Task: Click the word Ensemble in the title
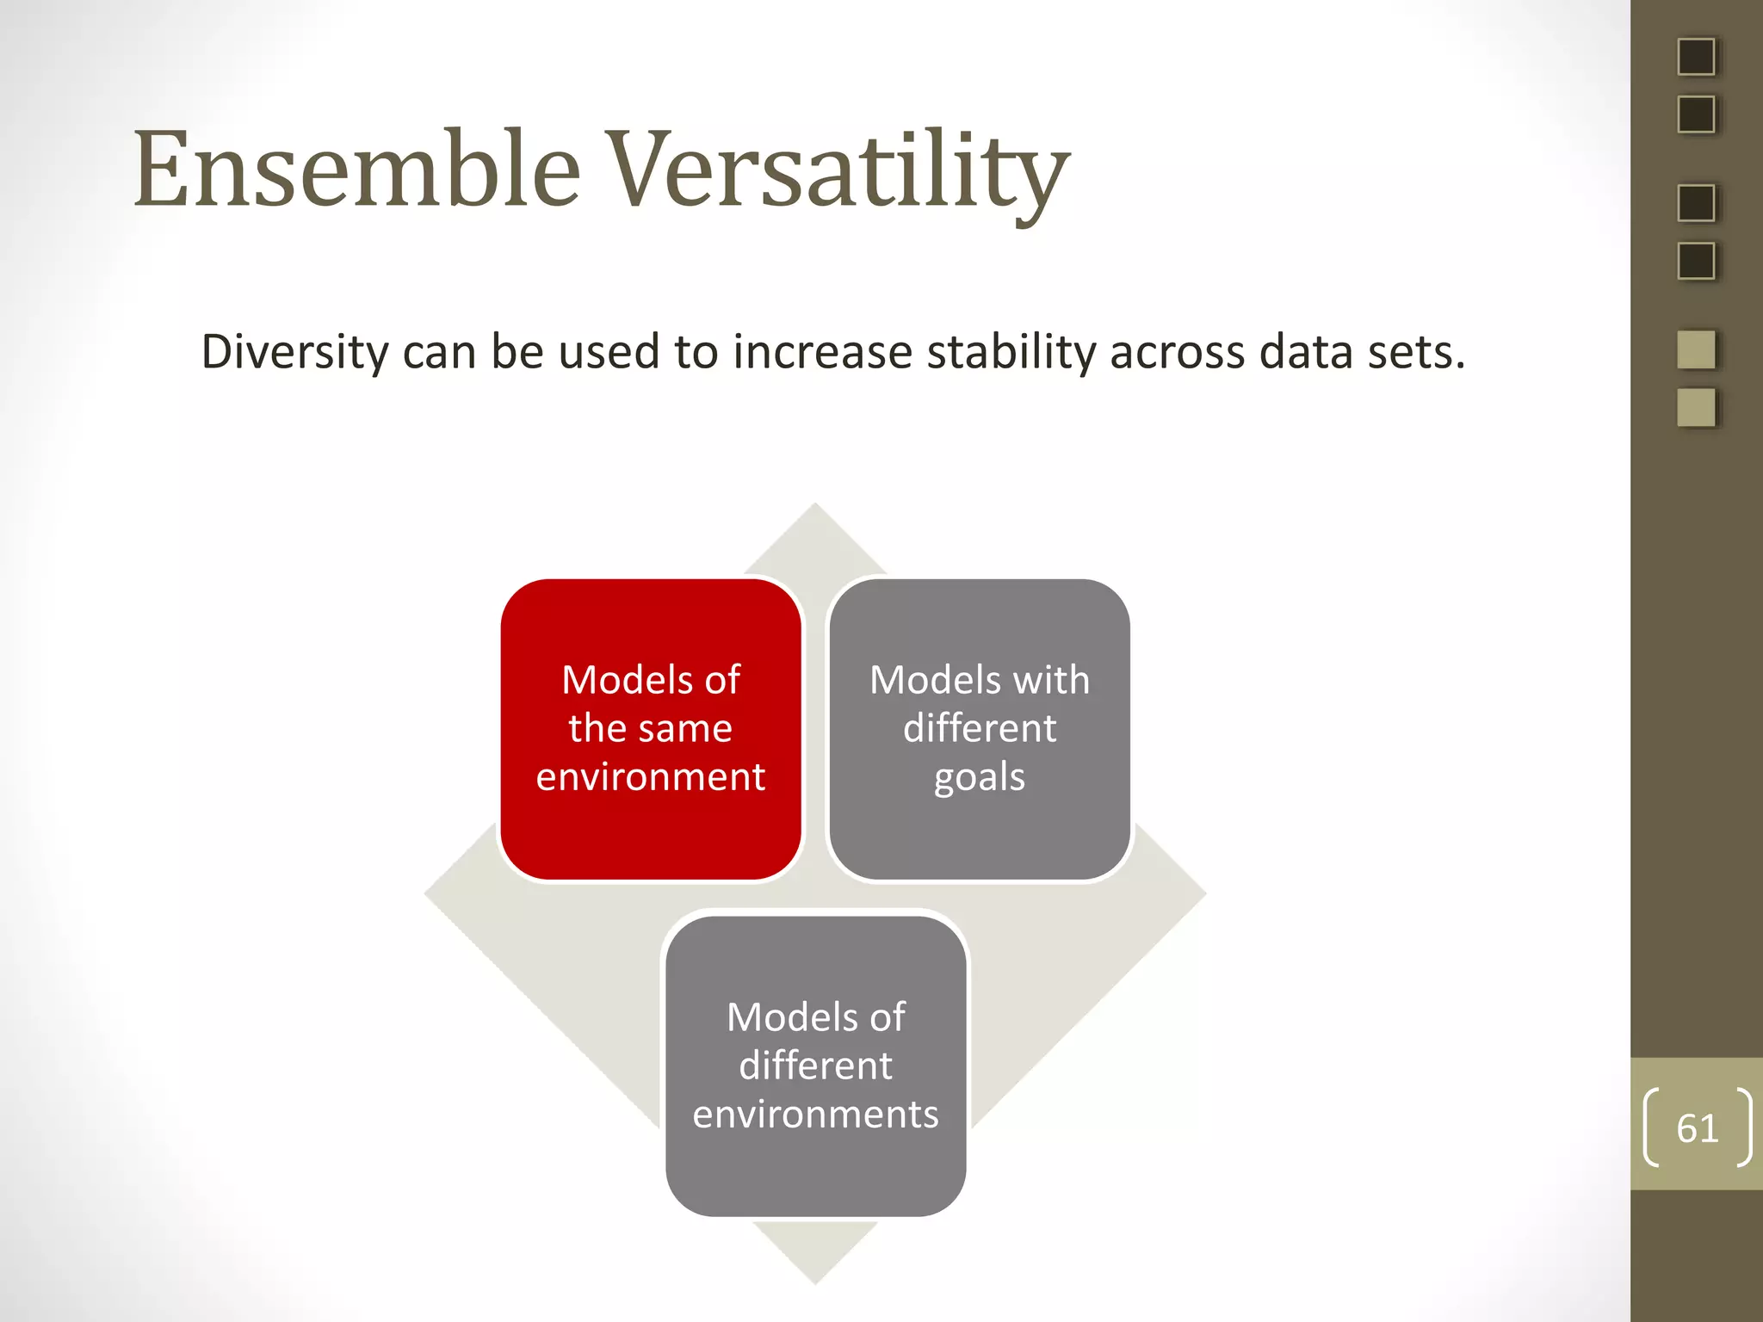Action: click(356, 170)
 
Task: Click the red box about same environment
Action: click(651, 729)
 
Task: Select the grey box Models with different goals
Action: click(980, 729)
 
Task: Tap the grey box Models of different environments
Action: click(815, 1066)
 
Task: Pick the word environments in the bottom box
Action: click(815, 1115)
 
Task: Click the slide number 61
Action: click(1697, 1128)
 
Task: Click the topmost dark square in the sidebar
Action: click(1696, 57)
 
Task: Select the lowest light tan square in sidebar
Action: click(1696, 408)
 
